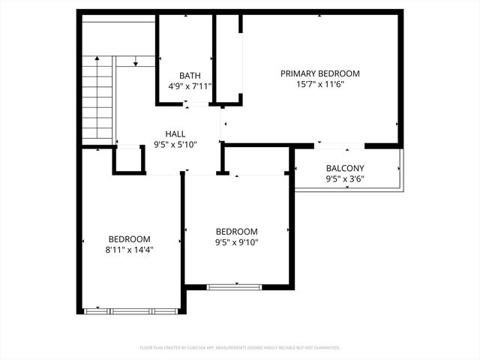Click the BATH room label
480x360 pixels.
click(x=190, y=75)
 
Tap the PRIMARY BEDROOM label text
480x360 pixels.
click(x=320, y=73)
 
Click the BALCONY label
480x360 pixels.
click(x=345, y=168)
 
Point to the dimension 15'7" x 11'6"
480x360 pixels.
click(x=320, y=85)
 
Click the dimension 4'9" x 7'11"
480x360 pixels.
click(x=190, y=86)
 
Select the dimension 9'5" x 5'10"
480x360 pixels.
click(x=175, y=145)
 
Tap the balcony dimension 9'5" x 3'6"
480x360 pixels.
click(x=345, y=179)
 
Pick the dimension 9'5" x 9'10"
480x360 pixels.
click(x=236, y=242)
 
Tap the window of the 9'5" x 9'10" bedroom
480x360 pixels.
click(x=235, y=286)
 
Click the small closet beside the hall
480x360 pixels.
click(x=129, y=160)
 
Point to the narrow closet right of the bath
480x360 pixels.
click(x=228, y=60)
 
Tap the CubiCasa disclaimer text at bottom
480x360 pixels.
click(x=240, y=348)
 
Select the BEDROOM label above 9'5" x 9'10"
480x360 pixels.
click(x=236, y=231)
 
